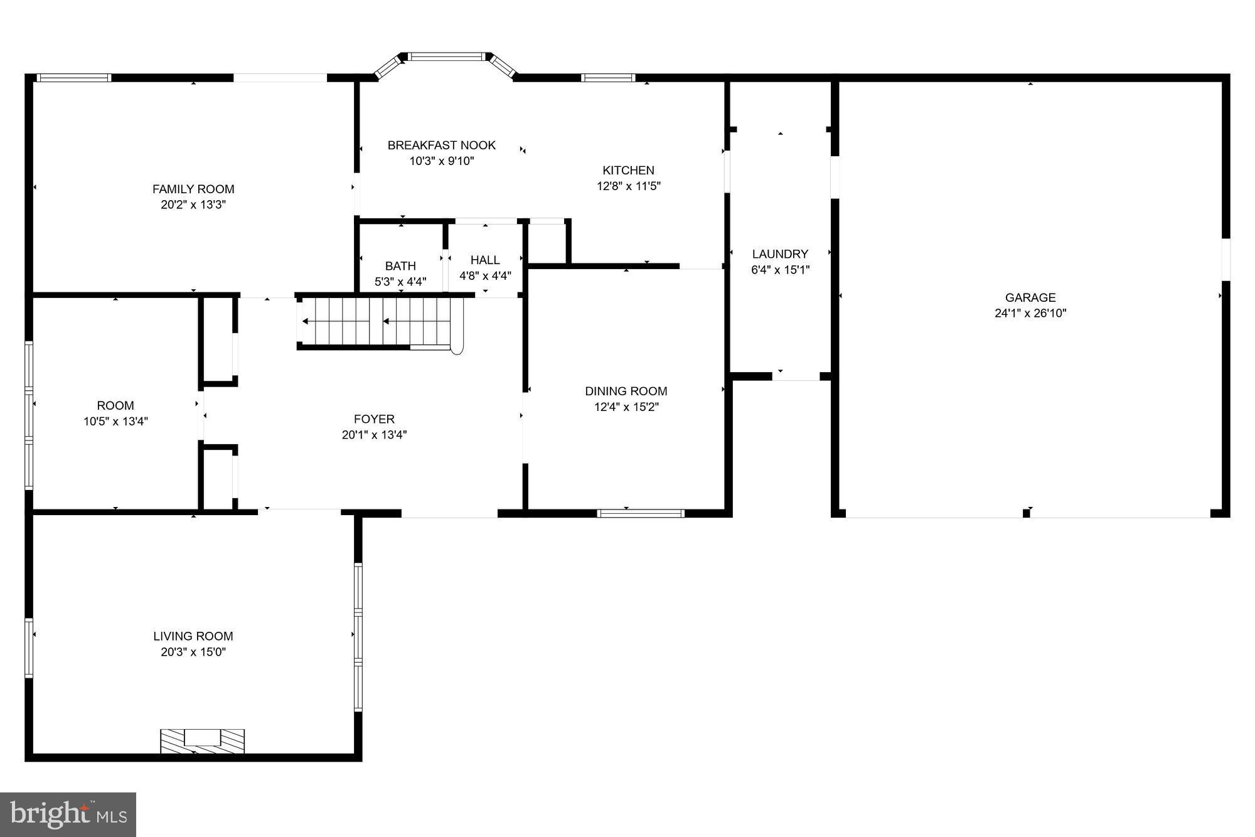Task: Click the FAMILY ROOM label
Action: [x=193, y=189]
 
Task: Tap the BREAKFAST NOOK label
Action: [x=441, y=145]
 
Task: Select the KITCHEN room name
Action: [x=628, y=170]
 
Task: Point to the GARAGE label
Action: [x=1030, y=297]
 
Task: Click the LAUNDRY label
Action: [x=780, y=254]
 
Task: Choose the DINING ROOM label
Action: [x=626, y=391]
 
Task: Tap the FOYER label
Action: [x=374, y=419]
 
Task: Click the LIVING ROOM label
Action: [x=193, y=636]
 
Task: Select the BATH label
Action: [x=400, y=266]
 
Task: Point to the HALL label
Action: [x=485, y=260]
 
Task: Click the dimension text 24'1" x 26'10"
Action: [x=1030, y=313]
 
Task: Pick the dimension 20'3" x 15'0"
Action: [x=193, y=652]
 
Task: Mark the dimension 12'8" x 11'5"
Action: [x=628, y=186]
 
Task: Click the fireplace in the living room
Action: [x=202, y=740]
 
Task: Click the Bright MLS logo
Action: [x=68, y=814]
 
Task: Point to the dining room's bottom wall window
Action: [x=640, y=513]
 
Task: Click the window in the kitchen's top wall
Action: [x=608, y=78]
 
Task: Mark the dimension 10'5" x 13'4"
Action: [x=115, y=421]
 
